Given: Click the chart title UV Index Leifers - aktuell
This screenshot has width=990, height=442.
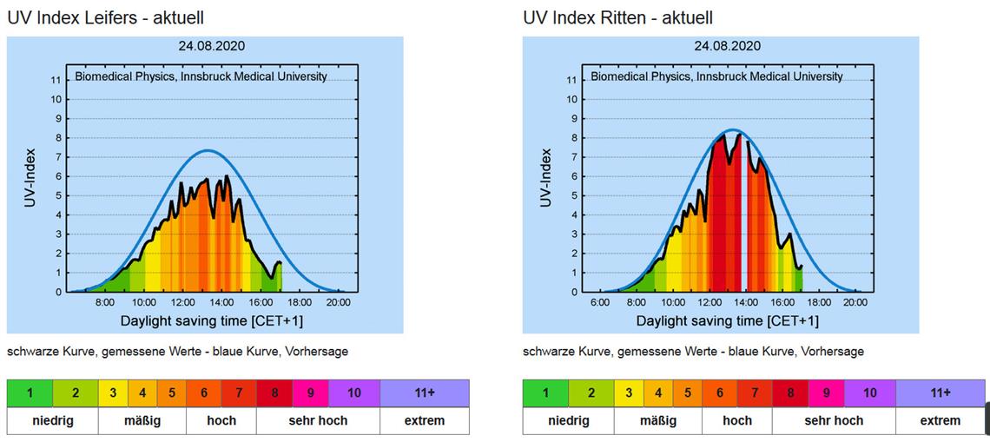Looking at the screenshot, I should coord(106,17).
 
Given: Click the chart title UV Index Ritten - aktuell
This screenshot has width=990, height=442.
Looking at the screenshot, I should coord(618,17).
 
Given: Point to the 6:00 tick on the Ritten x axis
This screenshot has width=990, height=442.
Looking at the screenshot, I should coord(599,302).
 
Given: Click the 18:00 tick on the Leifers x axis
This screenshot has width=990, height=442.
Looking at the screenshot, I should coord(300,302).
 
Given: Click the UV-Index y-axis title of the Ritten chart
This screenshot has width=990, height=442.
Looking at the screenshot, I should coord(546,177).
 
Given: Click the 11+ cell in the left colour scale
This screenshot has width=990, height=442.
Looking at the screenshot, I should coord(424,393).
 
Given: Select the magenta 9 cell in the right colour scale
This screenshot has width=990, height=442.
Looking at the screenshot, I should coord(826,393).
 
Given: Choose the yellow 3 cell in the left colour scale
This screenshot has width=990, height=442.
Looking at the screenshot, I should coord(114,393).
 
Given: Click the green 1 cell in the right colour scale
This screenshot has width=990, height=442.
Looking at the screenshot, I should coord(545,393).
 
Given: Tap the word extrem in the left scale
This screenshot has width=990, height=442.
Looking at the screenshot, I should coord(424,420).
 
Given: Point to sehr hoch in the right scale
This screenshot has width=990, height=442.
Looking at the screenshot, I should coord(834,420).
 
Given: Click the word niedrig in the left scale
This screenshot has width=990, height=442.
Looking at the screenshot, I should coord(52,420).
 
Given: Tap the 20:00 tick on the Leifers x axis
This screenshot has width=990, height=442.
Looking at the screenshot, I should coord(338,302).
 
